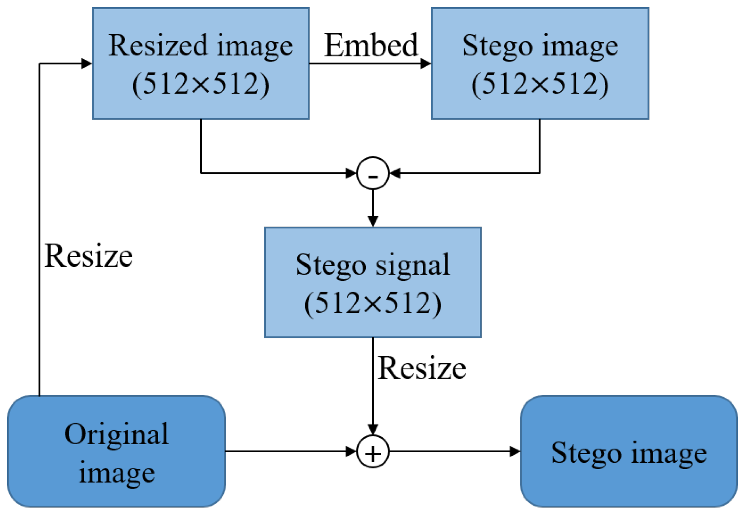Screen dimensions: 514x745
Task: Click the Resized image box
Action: (x=201, y=63)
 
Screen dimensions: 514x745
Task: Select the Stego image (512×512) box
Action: (x=539, y=63)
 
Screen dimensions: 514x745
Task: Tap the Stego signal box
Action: (x=372, y=282)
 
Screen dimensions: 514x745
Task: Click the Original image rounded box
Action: (x=117, y=451)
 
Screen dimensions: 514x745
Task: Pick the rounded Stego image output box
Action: (x=628, y=451)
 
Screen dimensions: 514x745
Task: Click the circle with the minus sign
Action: (x=373, y=173)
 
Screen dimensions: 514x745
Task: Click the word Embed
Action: (x=371, y=45)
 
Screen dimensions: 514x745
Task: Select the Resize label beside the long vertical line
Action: (x=88, y=256)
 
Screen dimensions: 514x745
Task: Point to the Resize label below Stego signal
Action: (x=422, y=368)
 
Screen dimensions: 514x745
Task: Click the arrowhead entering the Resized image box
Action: (x=87, y=63)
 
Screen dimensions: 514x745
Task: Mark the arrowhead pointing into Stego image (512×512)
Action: (x=426, y=63)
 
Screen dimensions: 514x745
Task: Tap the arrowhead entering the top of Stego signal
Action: (x=373, y=221)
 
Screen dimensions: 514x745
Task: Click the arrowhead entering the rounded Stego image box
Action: (x=515, y=451)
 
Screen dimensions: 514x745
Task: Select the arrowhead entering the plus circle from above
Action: (x=373, y=429)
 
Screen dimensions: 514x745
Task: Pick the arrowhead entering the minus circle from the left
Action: (x=351, y=173)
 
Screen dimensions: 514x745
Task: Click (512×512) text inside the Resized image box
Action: (x=201, y=84)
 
